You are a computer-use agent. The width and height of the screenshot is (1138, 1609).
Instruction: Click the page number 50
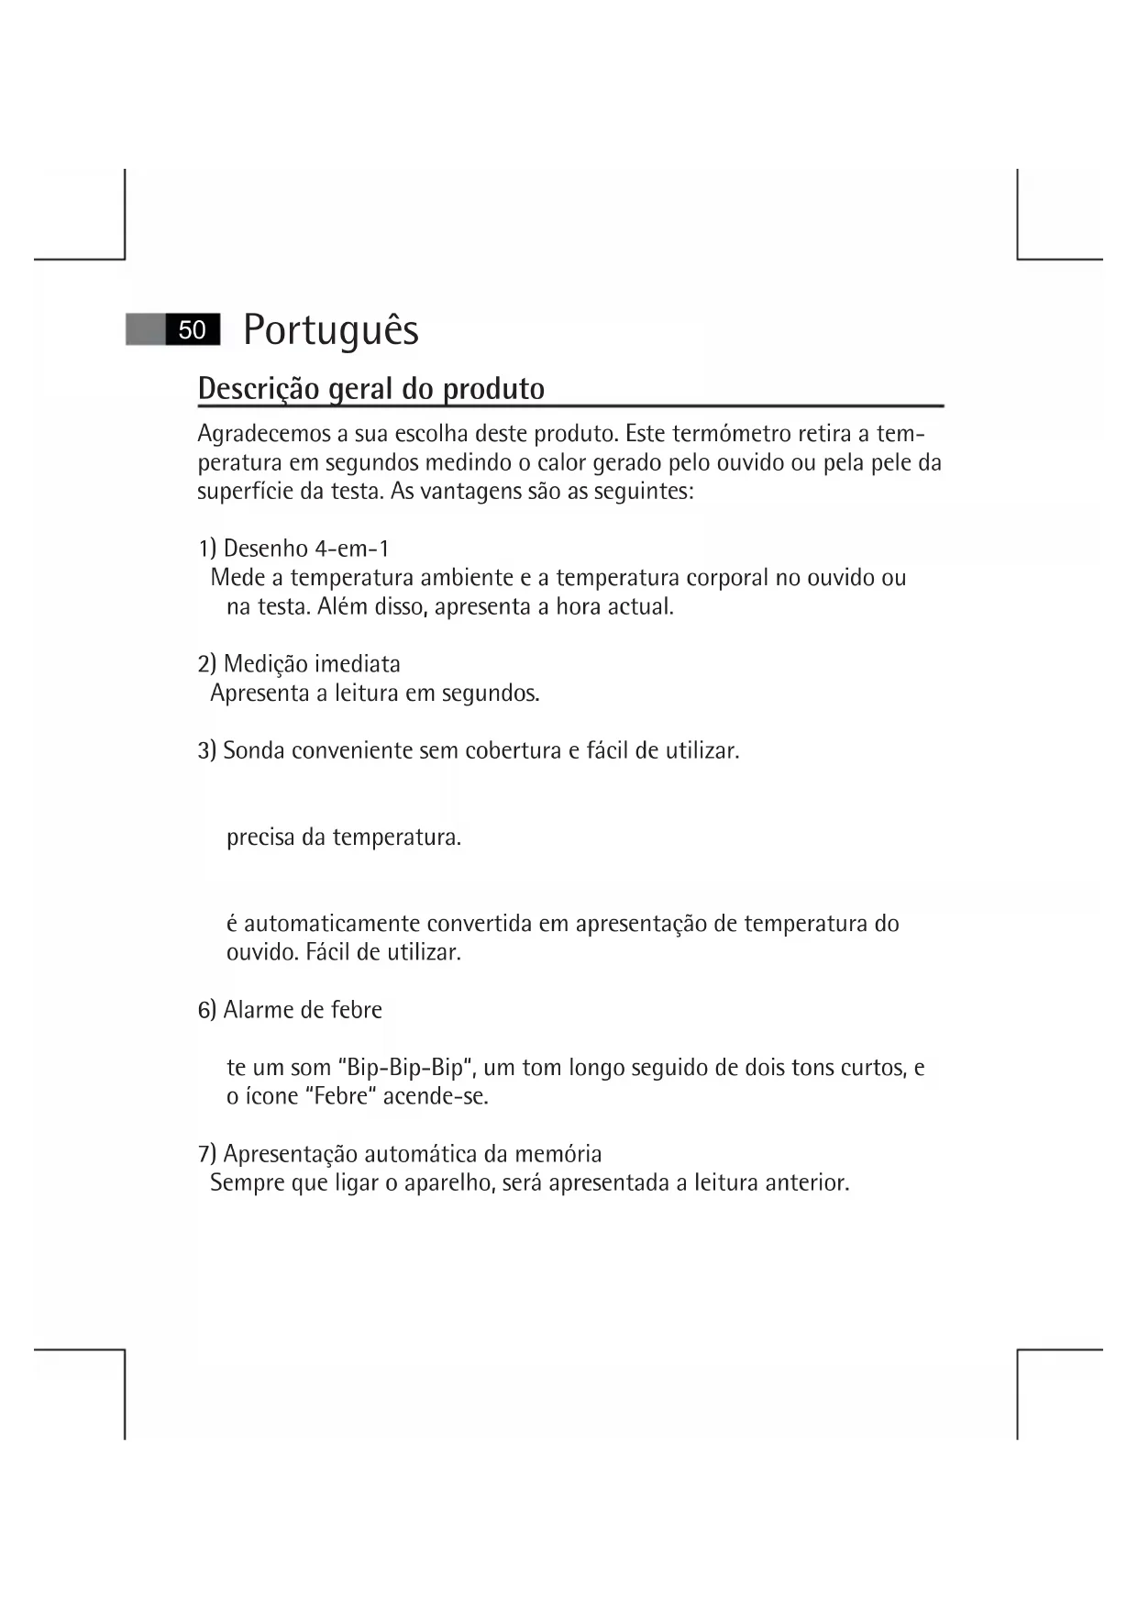[192, 330]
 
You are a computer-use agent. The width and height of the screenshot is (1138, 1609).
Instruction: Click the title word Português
[331, 330]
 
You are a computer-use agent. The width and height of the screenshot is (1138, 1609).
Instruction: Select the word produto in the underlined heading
[494, 389]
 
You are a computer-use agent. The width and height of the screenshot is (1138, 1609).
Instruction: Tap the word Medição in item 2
[265, 664]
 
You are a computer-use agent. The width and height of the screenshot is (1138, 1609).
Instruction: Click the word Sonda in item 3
[254, 750]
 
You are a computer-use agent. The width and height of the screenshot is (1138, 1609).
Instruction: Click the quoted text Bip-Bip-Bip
[405, 1068]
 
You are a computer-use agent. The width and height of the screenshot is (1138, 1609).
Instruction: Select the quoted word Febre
[340, 1096]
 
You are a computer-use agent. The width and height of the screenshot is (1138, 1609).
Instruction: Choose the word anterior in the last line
[807, 1183]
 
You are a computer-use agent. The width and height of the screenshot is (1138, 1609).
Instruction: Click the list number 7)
[207, 1154]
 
